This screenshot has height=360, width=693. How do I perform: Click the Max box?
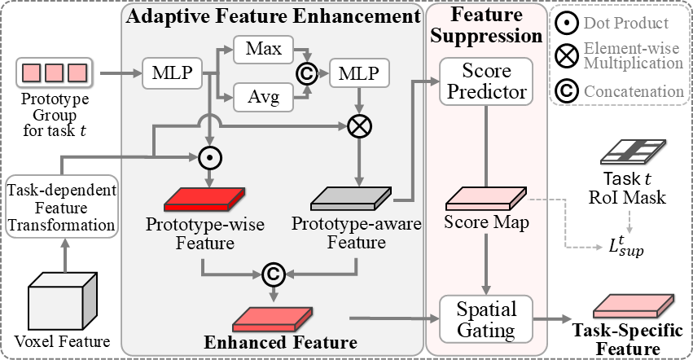pyautogui.click(x=263, y=50)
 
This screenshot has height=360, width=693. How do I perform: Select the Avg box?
pyautogui.click(x=263, y=99)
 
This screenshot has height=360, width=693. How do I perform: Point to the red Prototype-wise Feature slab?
pyautogui.click(x=204, y=198)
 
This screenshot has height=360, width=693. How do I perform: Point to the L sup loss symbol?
pyautogui.click(x=625, y=245)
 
